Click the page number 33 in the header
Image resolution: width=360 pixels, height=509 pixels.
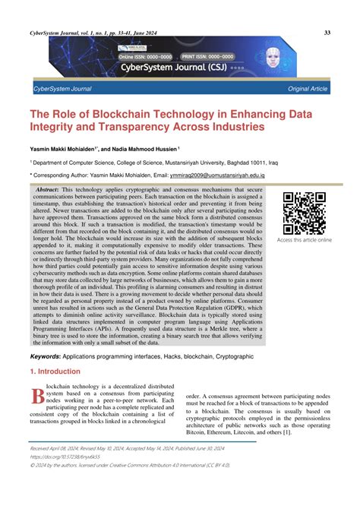pos(327,32)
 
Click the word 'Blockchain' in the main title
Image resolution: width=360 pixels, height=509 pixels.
pos(115,113)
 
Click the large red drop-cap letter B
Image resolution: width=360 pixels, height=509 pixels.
pos(37,398)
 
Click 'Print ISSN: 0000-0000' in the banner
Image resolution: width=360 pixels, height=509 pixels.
pos(228,56)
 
